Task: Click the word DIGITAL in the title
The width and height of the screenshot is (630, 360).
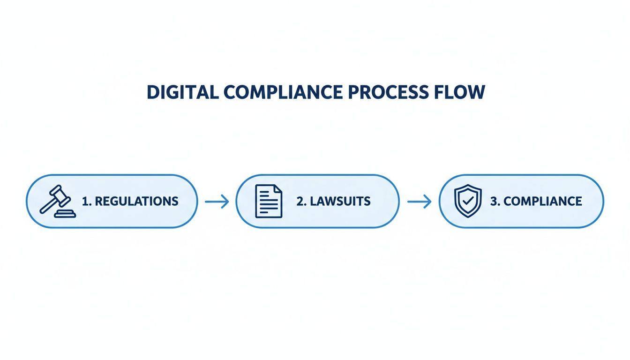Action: pos(183,92)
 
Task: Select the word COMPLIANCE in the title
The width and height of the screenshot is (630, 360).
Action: pos(283,92)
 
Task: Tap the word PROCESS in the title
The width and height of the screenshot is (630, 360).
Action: pos(389,92)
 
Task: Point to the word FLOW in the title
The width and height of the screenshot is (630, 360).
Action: pos(460,92)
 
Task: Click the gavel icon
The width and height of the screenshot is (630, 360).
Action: pos(58,201)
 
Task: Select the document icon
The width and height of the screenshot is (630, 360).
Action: pos(269,201)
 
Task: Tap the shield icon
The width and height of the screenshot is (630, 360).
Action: pos(468,201)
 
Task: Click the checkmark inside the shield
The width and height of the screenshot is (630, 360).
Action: pos(468,201)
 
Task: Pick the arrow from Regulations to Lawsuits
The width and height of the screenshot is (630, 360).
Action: pos(217,202)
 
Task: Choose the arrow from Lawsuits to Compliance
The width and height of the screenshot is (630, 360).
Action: pos(420,202)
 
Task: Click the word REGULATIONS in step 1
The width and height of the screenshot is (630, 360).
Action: pos(137,202)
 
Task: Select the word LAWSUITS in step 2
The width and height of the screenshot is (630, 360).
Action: pos(340,202)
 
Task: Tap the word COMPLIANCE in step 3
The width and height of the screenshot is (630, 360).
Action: pos(542,202)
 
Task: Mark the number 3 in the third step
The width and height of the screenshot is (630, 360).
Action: pos(495,202)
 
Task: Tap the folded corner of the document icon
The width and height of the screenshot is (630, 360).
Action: pos(278,188)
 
